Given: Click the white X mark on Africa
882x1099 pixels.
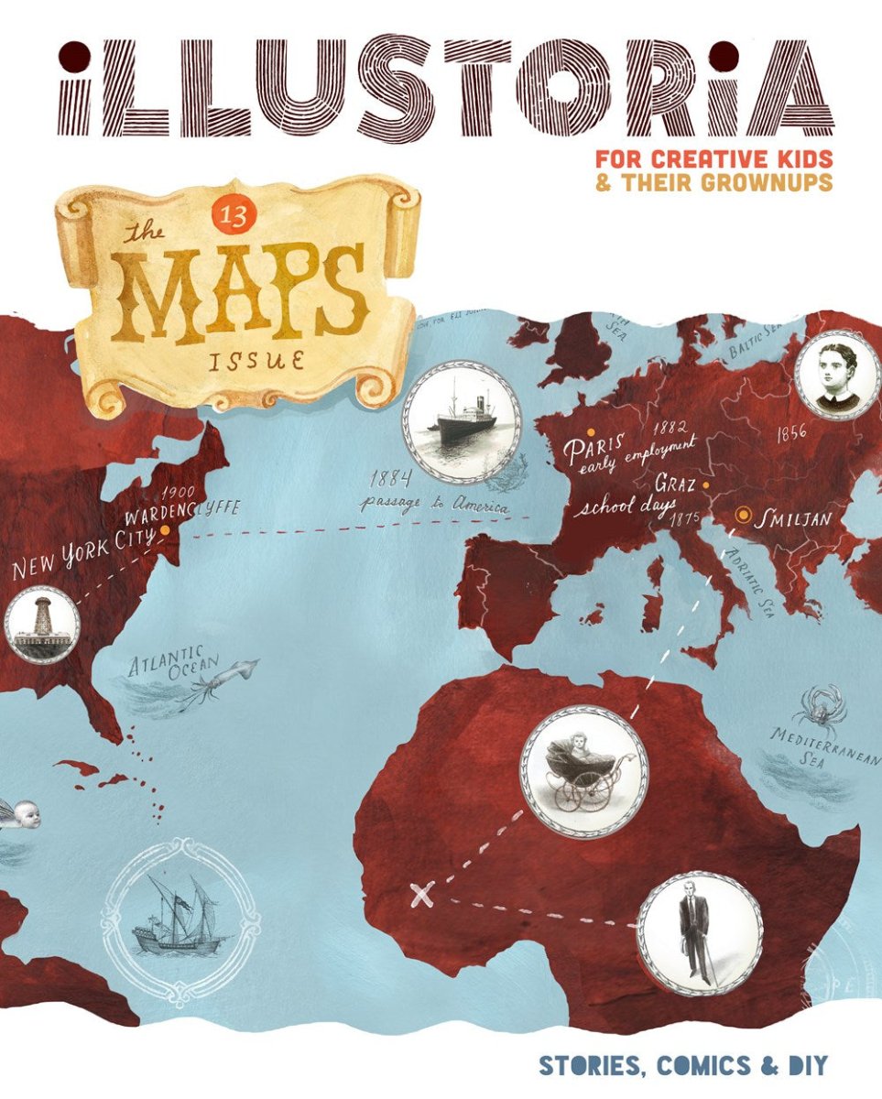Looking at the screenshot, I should [x=421, y=894].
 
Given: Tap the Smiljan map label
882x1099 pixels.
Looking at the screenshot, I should [x=792, y=519].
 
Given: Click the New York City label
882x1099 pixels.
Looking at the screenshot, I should [x=82, y=554].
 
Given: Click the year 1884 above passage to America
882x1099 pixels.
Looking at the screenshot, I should [x=391, y=478].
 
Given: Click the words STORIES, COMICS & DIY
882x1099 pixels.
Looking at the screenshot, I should [x=682, y=1065].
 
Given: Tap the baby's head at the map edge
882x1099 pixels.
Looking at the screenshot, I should [x=22, y=814].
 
